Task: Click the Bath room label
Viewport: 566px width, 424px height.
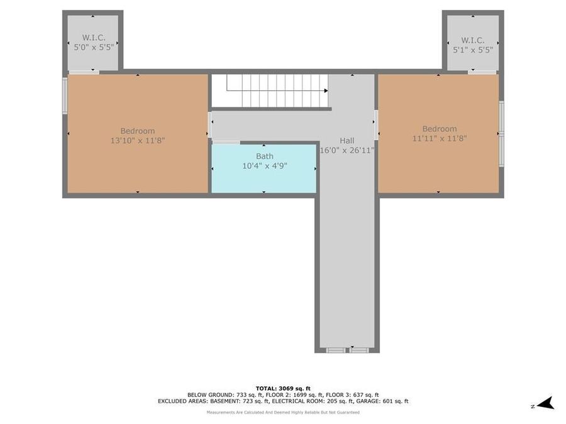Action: [264, 156]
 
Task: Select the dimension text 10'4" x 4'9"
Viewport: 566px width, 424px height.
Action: [264, 166]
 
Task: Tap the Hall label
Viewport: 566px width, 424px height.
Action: [346, 141]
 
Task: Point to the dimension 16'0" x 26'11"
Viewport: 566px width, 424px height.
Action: [347, 151]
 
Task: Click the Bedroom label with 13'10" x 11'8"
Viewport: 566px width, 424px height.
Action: [138, 131]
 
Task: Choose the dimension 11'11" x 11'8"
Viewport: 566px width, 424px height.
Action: [439, 138]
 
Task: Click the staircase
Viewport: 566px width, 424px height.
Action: [270, 90]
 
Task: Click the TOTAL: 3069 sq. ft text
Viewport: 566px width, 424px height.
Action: [283, 388]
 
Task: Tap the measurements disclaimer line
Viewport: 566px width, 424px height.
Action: [283, 412]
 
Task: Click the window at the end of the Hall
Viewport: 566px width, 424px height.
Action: [347, 350]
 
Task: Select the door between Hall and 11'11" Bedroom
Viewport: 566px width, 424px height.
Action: [376, 124]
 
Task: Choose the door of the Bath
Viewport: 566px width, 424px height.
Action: [226, 143]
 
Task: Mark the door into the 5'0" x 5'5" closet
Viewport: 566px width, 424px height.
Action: [84, 72]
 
